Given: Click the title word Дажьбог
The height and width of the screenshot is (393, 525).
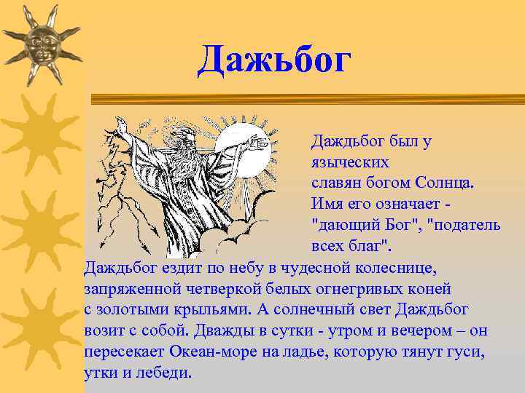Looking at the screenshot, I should coord(275,60).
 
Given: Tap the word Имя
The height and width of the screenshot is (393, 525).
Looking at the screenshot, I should coord(327,204).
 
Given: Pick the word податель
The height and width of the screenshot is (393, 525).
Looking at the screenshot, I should coord(467,225).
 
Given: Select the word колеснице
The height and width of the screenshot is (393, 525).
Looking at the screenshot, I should coord(398,268).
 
